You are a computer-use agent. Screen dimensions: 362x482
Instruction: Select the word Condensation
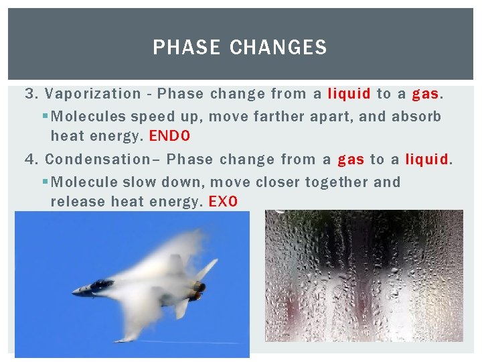coord(100,160)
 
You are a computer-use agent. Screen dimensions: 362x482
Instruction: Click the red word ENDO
coord(169,137)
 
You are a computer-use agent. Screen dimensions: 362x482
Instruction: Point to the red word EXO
coord(223,202)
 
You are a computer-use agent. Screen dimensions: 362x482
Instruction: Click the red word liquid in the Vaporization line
coord(349,94)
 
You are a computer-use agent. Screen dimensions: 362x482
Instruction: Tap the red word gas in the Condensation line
coord(351,160)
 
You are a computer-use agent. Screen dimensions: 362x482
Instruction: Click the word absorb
coord(416,117)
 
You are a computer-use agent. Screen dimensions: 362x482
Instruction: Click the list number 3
coord(29,94)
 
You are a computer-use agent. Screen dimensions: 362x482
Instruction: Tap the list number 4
coord(29,160)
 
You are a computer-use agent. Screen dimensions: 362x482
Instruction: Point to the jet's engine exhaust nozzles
coord(198,290)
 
